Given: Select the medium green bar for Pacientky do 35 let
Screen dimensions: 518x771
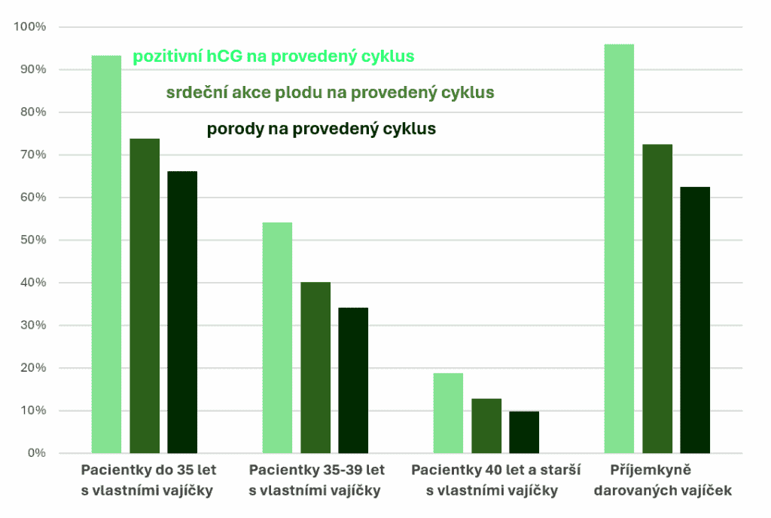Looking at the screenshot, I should pyautogui.click(x=145, y=296).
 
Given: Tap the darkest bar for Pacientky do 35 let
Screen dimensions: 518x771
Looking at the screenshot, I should pyautogui.click(x=182, y=312).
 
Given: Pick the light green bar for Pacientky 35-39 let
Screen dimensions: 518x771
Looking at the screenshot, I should pyautogui.click(x=277, y=338).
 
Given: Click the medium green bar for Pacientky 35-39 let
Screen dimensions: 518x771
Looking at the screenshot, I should pyautogui.click(x=315, y=368).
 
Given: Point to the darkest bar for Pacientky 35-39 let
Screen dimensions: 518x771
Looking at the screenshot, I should pyautogui.click(x=353, y=380).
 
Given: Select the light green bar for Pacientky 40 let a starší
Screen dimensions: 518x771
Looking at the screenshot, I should pyautogui.click(x=448, y=413).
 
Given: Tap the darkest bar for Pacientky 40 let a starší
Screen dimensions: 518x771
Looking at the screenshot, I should pyautogui.click(x=524, y=432).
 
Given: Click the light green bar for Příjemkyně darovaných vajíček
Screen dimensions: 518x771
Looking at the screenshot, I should pyautogui.click(x=619, y=249).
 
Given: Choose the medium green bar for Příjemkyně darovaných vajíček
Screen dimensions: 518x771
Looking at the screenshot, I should pyautogui.click(x=657, y=299).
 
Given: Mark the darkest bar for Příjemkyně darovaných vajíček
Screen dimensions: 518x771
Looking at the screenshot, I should pyautogui.click(x=695, y=320).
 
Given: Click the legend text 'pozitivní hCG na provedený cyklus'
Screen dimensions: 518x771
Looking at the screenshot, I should pyautogui.click(x=274, y=57).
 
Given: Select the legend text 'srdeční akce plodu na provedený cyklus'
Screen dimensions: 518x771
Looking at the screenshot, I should pyautogui.click(x=330, y=93).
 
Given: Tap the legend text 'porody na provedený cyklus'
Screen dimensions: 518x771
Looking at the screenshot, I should pyautogui.click(x=322, y=129).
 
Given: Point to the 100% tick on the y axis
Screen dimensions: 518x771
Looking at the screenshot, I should pyautogui.click(x=30, y=27).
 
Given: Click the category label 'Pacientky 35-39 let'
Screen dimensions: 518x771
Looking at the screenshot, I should pyautogui.click(x=316, y=470).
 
